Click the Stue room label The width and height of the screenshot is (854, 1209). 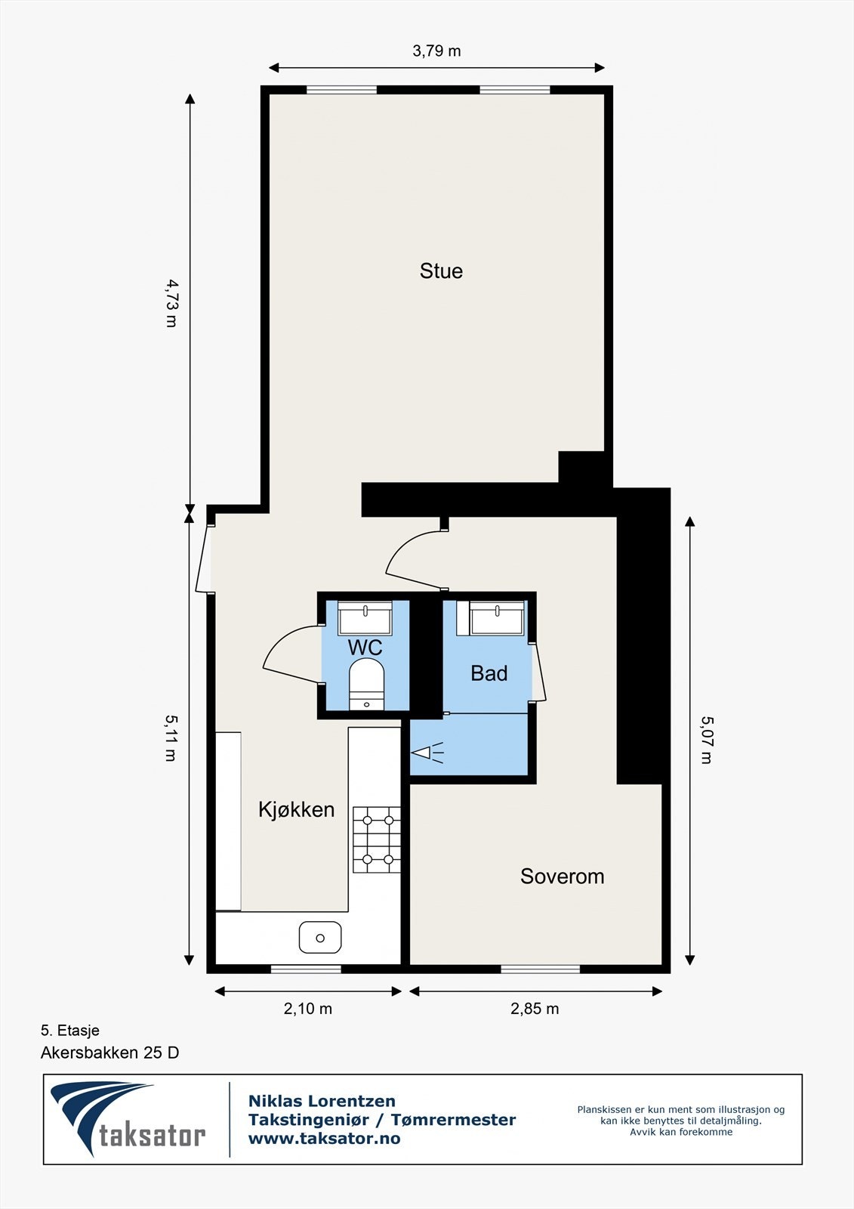(x=441, y=271)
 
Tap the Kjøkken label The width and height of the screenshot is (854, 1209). (x=296, y=810)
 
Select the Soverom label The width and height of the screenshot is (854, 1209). (x=562, y=877)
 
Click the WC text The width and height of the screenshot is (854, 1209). (x=365, y=648)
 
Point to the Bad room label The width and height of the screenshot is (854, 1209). (x=489, y=673)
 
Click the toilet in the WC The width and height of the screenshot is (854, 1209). (x=366, y=684)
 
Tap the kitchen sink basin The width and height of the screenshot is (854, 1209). (x=320, y=938)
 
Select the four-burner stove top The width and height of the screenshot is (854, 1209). (x=377, y=839)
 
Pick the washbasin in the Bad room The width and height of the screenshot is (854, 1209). (x=497, y=618)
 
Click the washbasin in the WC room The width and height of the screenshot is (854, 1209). (x=365, y=618)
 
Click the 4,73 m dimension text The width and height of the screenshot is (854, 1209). (x=171, y=303)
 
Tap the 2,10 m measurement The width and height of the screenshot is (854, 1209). (x=308, y=1009)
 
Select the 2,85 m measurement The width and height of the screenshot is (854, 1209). (x=535, y=1009)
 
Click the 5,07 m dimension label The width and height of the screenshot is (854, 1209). (x=705, y=741)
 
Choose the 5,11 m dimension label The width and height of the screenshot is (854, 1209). (x=171, y=738)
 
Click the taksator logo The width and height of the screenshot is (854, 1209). (x=128, y=1120)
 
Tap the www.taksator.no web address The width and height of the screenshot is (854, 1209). (x=325, y=1139)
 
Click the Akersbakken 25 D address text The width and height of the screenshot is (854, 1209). (x=110, y=1053)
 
